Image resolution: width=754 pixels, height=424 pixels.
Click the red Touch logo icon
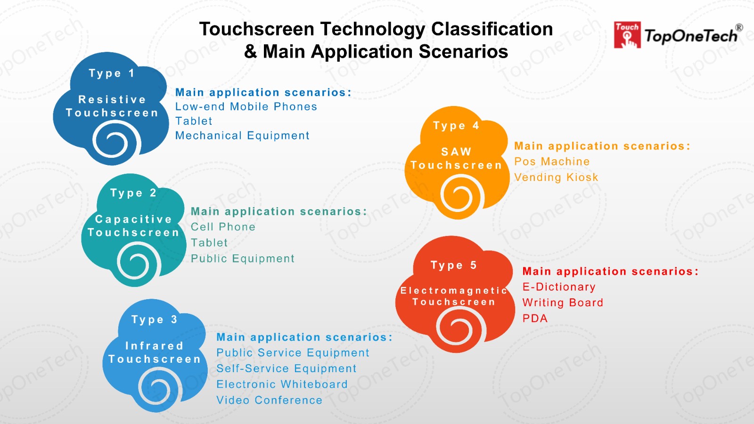(627, 35)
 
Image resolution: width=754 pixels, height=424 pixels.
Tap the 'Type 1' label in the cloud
(112, 73)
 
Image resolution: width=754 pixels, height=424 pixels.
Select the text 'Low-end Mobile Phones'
(246, 106)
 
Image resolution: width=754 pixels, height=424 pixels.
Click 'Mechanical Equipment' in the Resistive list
(242, 136)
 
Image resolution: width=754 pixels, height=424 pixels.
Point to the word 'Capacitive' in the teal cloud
(134, 219)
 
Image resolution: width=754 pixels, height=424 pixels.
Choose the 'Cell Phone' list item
(223, 227)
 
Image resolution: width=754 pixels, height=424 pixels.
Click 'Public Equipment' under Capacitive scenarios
(242, 259)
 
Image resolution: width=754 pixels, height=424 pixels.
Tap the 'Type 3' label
(154, 319)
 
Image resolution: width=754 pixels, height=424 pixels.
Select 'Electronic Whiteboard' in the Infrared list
(282, 384)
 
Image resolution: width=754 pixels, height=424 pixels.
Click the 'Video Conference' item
(269, 400)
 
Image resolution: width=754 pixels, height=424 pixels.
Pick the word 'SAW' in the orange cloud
(456, 152)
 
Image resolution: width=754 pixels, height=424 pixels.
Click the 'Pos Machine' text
(552, 162)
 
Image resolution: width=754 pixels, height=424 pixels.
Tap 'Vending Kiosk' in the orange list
(556, 177)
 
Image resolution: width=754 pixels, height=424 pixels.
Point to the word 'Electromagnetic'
(454, 290)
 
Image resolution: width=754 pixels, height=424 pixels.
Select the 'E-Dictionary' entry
(559, 287)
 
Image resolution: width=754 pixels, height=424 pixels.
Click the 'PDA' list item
(535, 318)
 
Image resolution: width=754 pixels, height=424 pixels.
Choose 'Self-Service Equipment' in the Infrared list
(286, 368)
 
